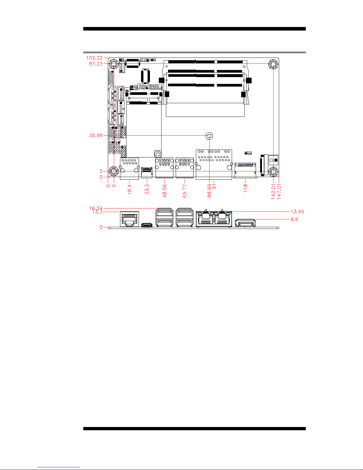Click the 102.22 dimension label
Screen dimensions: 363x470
tap(94, 58)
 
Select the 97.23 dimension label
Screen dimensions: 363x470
tap(96, 64)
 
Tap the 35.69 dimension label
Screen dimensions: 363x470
tap(96, 136)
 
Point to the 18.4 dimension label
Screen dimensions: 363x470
tap(129, 189)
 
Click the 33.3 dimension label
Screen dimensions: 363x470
tap(147, 189)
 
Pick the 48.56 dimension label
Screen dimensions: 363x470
tap(164, 191)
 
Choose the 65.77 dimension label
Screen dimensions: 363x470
tap(185, 191)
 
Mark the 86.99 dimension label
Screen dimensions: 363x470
tap(209, 191)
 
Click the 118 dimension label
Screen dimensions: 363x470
tap(245, 188)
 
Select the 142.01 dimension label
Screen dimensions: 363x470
tap(273, 192)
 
